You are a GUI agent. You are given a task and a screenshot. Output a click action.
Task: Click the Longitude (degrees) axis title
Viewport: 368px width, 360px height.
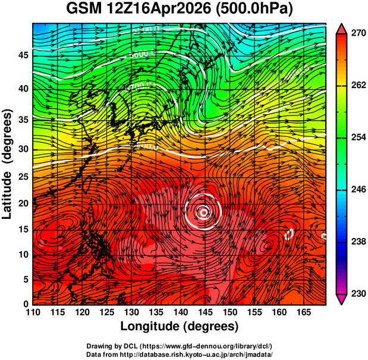point(180,326)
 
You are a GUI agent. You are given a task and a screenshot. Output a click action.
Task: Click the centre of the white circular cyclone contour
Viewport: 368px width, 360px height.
point(203,211)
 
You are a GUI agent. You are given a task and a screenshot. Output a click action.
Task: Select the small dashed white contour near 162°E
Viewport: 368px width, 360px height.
point(290,234)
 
